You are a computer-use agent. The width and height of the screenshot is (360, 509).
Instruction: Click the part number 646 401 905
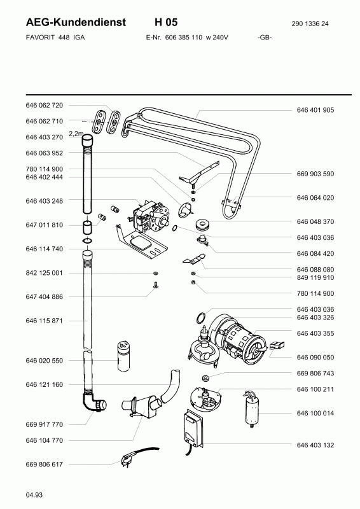tap(315, 110)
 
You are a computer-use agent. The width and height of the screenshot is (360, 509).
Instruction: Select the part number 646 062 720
tap(44, 105)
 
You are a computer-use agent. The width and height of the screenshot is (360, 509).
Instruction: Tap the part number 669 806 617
tap(44, 464)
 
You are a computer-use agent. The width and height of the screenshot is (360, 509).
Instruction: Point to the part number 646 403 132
tap(315, 445)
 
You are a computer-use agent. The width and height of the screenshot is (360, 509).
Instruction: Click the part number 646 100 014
tap(315, 413)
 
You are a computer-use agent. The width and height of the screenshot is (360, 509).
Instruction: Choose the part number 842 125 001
tap(44, 273)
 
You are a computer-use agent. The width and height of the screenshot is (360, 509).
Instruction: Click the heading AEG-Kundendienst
tap(76, 22)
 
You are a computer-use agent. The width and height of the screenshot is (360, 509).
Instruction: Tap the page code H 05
tap(166, 22)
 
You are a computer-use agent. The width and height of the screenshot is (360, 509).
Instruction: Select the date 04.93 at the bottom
tap(34, 495)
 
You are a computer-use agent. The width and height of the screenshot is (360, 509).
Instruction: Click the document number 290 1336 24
tap(310, 24)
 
